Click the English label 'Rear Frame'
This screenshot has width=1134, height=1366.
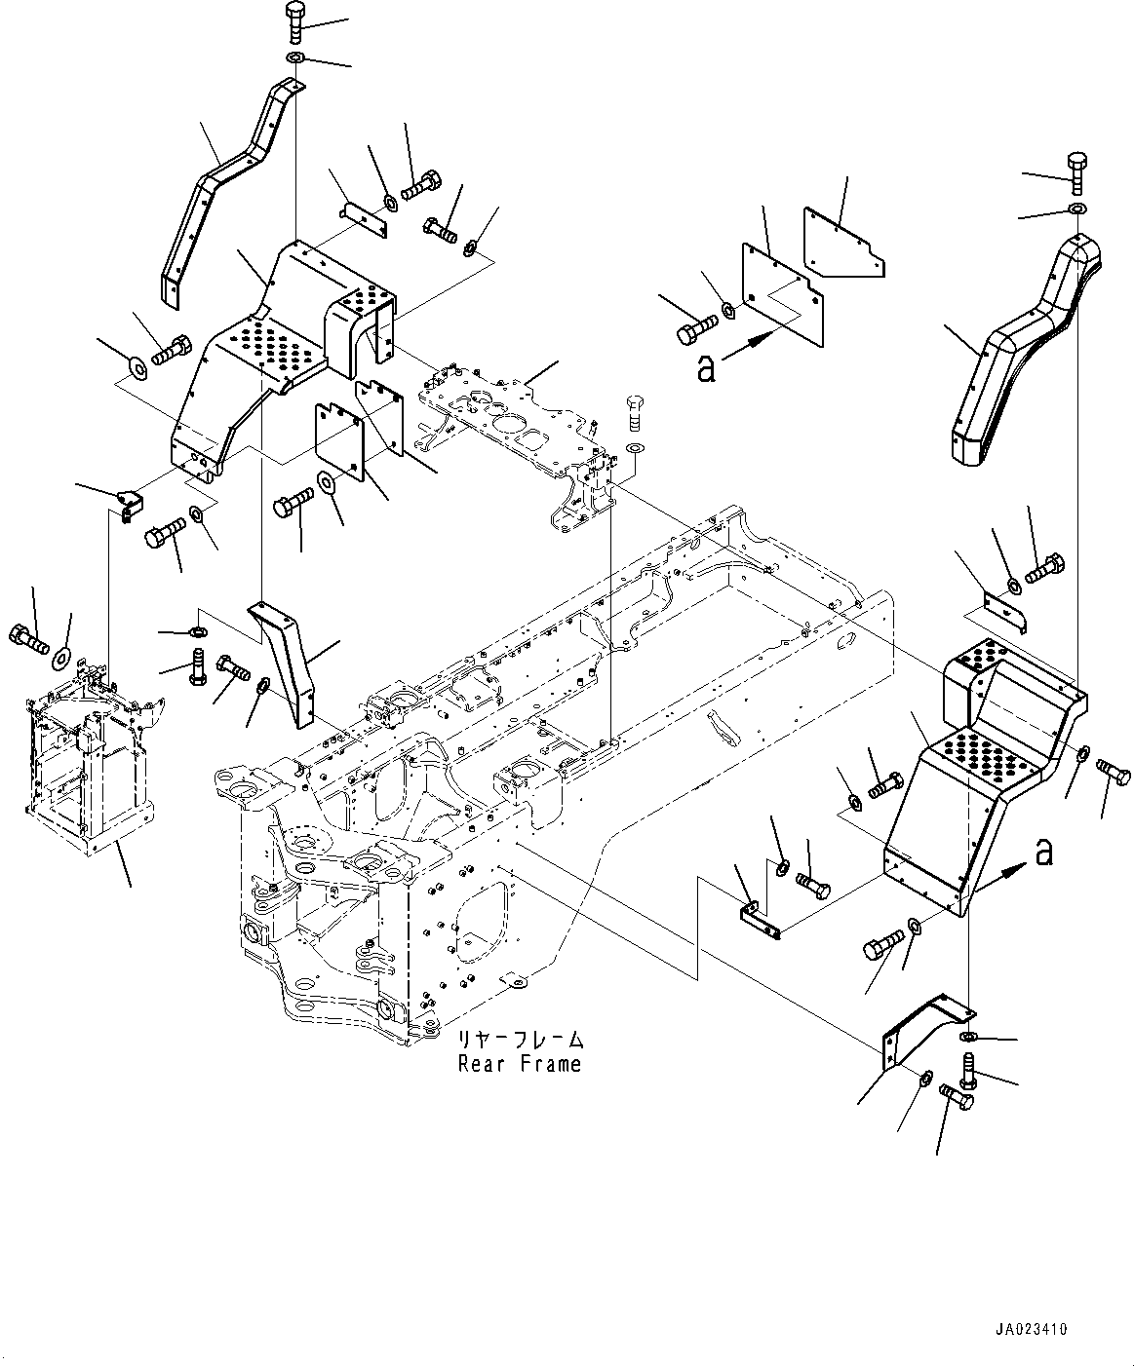coord(519,1064)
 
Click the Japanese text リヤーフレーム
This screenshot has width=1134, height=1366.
coord(520,1039)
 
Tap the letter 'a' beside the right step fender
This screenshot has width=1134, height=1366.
coord(1044,854)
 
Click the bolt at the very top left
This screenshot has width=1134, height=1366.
coord(294,22)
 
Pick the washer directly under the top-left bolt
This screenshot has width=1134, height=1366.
coord(294,57)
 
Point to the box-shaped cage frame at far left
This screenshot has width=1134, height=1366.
coord(92,759)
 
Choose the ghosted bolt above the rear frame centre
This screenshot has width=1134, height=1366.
coord(635,413)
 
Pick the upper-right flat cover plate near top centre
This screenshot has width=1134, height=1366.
coord(843,243)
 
